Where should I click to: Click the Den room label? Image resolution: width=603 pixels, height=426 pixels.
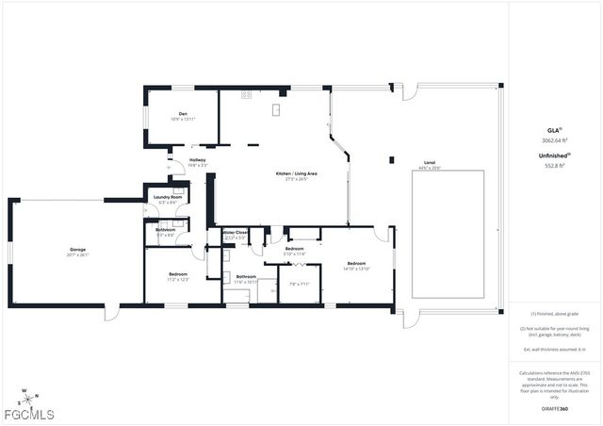183,114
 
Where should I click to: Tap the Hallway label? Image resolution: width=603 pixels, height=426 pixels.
197,160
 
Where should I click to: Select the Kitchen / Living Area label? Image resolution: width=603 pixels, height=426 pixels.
295,174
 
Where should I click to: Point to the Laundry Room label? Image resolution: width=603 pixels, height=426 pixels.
168,197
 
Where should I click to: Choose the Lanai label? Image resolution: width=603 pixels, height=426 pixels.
429,162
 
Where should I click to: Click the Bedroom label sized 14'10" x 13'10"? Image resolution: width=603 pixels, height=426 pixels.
356,264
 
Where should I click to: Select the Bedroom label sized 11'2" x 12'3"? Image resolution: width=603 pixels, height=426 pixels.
178,275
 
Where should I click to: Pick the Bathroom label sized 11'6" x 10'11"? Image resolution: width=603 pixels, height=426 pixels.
246,277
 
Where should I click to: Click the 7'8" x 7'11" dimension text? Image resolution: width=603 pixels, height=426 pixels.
300,284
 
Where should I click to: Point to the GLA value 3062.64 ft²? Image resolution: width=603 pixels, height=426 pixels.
555,139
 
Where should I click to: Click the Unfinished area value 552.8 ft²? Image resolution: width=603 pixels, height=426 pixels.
555,166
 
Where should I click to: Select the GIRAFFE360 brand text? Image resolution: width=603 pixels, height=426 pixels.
555,409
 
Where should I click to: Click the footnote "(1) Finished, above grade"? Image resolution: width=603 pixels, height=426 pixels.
555,314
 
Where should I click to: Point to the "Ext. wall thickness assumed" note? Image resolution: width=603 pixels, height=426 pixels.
555,350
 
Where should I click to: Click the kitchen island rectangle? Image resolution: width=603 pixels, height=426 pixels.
277,110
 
